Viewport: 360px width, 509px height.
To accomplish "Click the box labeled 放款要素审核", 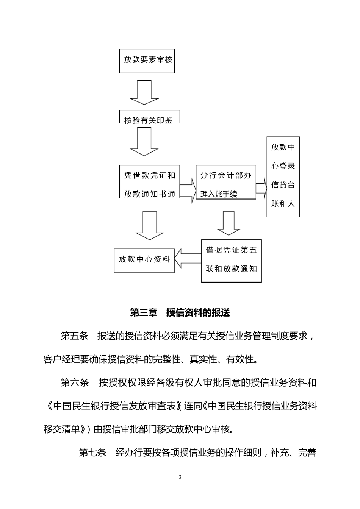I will pyautogui.click(x=147, y=61).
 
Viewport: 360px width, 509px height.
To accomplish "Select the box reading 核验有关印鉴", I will pyautogui.click(x=149, y=117).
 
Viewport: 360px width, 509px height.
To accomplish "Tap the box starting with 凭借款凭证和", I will pyautogui.click(x=150, y=182).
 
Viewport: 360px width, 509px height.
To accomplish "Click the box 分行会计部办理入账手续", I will pyautogui.click(x=225, y=182).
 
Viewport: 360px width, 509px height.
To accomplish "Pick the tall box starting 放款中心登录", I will pyautogui.click(x=283, y=176).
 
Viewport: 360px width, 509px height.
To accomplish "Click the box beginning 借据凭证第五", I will pyautogui.click(x=231, y=261).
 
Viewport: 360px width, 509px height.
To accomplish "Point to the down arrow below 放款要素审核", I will pyautogui.click(x=144, y=93).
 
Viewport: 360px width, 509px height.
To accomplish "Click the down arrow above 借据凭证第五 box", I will pyautogui.click(x=229, y=223).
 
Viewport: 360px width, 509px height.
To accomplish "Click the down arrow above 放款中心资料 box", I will pyautogui.click(x=149, y=226).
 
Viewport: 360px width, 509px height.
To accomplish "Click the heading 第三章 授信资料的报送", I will pyautogui.click(x=180, y=312).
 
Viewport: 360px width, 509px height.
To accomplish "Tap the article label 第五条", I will pyautogui.click(x=74, y=336).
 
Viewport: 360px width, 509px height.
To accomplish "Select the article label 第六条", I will pyautogui.click(x=74, y=383).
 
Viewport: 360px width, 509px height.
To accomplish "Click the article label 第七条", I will pyautogui.click(x=92, y=453).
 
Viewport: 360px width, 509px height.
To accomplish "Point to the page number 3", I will pyautogui.click(x=180, y=477).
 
